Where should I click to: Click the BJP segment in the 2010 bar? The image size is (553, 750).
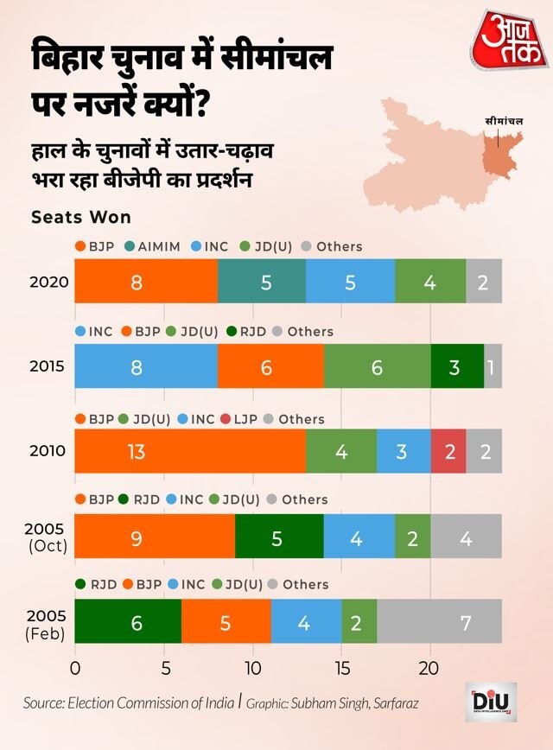pyautogui.click(x=189, y=450)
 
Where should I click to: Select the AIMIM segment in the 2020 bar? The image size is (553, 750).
pyautogui.click(x=262, y=282)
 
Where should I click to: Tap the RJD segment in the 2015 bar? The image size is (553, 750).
pyautogui.click(x=457, y=366)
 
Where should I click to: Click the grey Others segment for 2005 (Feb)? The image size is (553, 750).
pyautogui.click(x=439, y=621)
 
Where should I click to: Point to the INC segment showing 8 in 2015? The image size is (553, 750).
pyautogui.click(x=146, y=366)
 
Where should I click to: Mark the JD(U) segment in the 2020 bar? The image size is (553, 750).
pyautogui.click(x=430, y=282)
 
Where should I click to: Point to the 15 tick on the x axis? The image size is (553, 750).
pyautogui.click(x=341, y=668)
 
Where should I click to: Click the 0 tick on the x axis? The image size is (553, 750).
pyautogui.click(x=75, y=668)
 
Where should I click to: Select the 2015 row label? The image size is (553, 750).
pyautogui.click(x=47, y=366)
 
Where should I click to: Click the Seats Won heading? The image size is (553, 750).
pyautogui.click(x=81, y=217)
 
